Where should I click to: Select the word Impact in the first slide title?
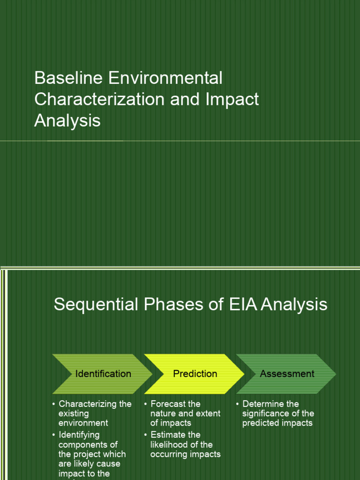(232, 99)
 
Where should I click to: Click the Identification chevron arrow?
(103, 374)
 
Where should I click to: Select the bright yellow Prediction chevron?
(195, 374)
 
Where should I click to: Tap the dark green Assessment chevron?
(287, 374)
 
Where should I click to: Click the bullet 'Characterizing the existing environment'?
(94, 413)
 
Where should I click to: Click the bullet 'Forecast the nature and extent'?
(185, 413)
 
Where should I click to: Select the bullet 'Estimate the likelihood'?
(185, 444)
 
